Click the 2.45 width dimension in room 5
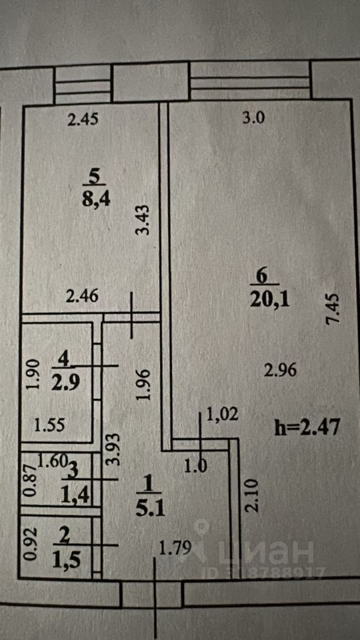click(x=83, y=120)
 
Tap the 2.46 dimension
click(x=83, y=296)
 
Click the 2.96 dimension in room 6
click(x=280, y=371)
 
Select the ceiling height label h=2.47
click(x=307, y=429)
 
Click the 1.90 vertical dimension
click(x=35, y=374)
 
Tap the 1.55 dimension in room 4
click(x=49, y=426)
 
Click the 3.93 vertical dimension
click(x=114, y=449)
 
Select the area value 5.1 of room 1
click(x=151, y=509)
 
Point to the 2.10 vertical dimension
click(x=251, y=495)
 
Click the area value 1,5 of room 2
click(x=66, y=561)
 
